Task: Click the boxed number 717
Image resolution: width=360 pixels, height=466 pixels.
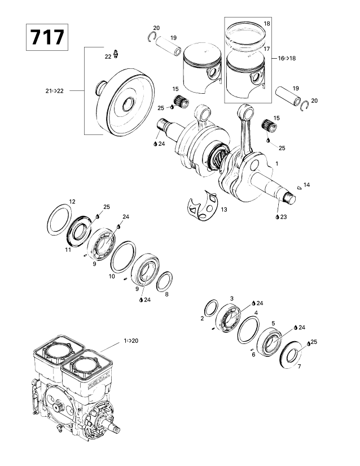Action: click(47, 38)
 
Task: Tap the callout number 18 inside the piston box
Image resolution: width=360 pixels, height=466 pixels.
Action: click(267, 23)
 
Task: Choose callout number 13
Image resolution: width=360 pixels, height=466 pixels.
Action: click(224, 210)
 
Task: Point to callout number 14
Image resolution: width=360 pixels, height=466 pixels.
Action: click(307, 185)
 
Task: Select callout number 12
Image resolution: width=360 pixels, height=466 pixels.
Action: click(72, 202)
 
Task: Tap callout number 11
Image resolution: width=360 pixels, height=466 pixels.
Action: click(67, 249)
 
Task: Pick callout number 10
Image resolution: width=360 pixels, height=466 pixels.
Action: click(111, 277)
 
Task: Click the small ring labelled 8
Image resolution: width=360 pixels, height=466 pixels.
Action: click(164, 280)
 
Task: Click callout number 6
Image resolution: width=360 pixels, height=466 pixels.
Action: click(253, 354)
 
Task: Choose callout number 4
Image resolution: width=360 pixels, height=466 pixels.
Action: click(256, 312)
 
